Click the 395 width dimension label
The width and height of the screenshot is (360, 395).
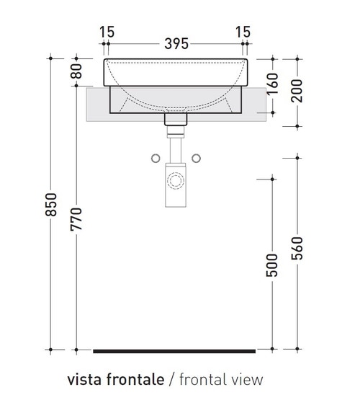[x=176, y=43]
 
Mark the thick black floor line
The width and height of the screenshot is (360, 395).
[x=174, y=351]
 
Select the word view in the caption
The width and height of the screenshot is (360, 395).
[x=248, y=378]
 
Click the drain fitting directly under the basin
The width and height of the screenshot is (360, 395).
[x=175, y=123]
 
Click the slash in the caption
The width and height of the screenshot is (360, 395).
[x=171, y=378]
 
